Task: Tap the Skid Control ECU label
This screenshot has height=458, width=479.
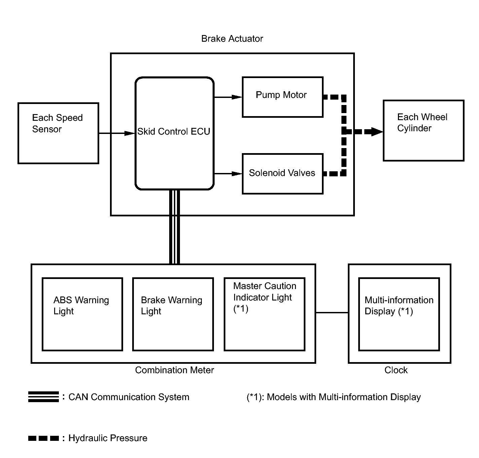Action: click(174, 132)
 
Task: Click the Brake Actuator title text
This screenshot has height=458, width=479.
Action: click(232, 39)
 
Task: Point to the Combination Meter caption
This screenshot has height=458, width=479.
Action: click(175, 370)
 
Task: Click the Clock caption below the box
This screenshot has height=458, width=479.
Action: click(396, 370)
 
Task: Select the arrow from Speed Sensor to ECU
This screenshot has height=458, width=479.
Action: click(117, 133)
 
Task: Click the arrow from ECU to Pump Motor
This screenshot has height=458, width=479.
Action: click(228, 97)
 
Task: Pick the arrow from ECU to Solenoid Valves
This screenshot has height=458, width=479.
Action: click(228, 174)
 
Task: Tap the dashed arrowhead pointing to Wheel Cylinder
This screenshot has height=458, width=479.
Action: click(377, 132)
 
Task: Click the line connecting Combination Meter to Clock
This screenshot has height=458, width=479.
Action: click(332, 313)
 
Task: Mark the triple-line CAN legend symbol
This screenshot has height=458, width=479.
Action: click(43, 397)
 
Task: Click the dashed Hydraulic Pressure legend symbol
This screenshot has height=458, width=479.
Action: click(43, 438)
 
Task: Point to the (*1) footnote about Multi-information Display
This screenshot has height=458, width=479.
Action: click(334, 397)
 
